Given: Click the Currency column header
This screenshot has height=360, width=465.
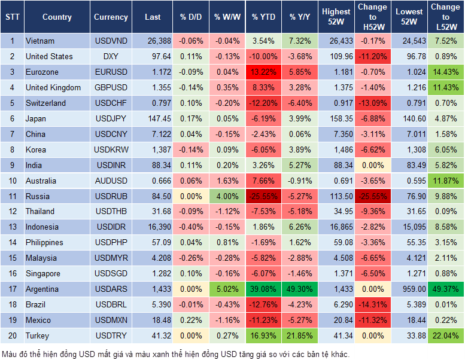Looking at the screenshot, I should pyautogui.click(x=111, y=17).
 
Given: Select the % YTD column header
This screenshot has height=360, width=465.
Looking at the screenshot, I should pyautogui.click(x=263, y=17).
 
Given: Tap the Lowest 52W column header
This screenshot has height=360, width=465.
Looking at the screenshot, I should pyautogui.click(x=410, y=17).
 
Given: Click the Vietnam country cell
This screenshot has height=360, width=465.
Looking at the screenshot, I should pyautogui.click(x=40, y=41).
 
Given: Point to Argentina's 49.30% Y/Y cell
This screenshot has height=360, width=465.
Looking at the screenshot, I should pyautogui.click(x=300, y=289).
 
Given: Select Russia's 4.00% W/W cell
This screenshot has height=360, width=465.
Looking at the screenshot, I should pyautogui.click(x=226, y=196).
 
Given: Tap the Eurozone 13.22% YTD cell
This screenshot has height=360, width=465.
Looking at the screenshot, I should pyautogui.click(x=263, y=72).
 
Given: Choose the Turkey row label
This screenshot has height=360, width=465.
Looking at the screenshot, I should pyautogui.click(x=37, y=336).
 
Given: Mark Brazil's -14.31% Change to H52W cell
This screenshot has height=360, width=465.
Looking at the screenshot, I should pyautogui.click(x=372, y=305).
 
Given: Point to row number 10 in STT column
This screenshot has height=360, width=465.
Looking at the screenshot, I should pyautogui.click(x=12, y=181).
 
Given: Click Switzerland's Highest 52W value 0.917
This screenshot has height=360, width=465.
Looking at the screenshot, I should pyautogui.click(x=336, y=103).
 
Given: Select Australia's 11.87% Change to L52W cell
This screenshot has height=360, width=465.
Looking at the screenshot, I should pyautogui.click(x=446, y=181).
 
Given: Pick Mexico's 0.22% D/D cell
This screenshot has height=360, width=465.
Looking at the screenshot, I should pyautogui.click(x=190, y=321).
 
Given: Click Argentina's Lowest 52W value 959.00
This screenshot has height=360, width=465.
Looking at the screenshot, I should pyautogui.click(x=410, y=289).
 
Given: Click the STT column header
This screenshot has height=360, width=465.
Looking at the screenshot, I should pyautogui.click(x=12, y=17).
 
